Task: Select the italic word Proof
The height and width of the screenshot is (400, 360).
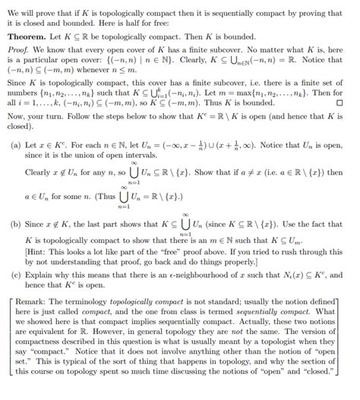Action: click(18, 51)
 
